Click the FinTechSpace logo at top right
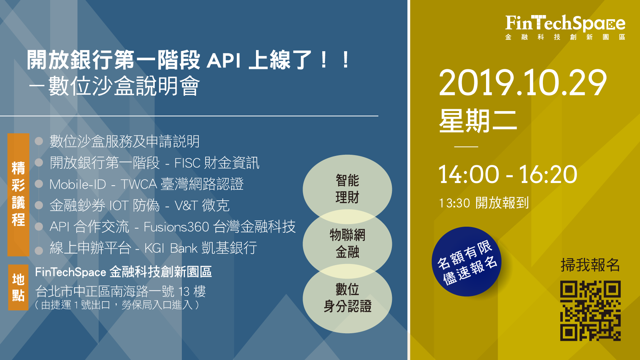pyautogui.click(x=565, y=27)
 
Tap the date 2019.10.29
pyautogui.click(x=523, y=83)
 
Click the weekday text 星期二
pyautogui.click(x=478, y=121)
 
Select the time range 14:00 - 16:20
pyautogui.click(x=508, y=174)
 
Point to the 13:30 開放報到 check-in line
pyautogui.click(x=483, y=203)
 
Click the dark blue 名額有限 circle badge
pyautogui.click(x=466, y=261)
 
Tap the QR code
pyautogui.click(x=590, y=311)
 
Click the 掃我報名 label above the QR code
pyautogui.click(x=590, y=265)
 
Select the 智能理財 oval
pyautogui.click(x=347, y=189)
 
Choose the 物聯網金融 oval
pyautogui.click(x=347, y=244)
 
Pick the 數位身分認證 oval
pyautogui.click(x=347, y=298)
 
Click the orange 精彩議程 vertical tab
pyautogui.click(x=18, y=195)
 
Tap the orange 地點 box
pyautogui.click(x=18, y=287)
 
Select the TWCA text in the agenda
pyautogui.click(x=139, y=184)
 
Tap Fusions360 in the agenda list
pyautogui.click(x=176, y=227)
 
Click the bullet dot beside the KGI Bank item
pyautogui.click(x=38, y=250)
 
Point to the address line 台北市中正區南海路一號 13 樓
pyautogui.click(x=120, y=292)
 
